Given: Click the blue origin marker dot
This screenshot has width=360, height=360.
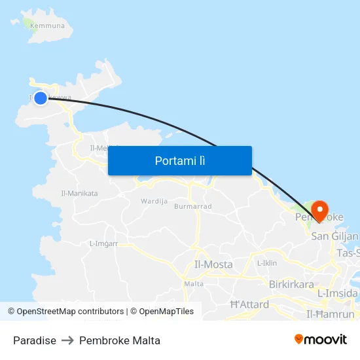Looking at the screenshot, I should click(x=41, y=98).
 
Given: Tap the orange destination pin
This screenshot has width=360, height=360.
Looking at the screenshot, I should click(x=320, y=209).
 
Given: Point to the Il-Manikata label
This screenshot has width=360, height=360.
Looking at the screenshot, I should click(x=79, y=194).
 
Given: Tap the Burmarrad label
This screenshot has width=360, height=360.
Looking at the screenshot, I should click(x=193, y=206).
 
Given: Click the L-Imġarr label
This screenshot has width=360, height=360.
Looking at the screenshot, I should click(x=103, y=244).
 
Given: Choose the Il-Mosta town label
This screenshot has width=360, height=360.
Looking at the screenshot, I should click(x=213, y=264).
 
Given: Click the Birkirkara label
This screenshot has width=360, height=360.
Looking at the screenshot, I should click(x=291, y=285).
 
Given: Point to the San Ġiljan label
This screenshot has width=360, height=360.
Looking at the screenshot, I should click(x=335, y=236).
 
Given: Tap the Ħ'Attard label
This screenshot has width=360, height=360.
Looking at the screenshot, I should click(x=250, y=304).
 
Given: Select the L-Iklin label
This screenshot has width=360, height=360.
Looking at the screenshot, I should click(x=267, y=263).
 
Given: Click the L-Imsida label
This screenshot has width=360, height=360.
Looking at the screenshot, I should click(x=338, y=294).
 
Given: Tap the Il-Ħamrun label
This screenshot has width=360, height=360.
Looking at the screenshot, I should click(x=331, y=315).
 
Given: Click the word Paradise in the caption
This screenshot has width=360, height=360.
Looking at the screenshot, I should click(x=35, y=340).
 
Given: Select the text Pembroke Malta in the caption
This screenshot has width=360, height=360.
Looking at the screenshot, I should click(x=120, y=340).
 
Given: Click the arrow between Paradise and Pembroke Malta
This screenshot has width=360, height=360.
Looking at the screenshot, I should click(x=68, y=340).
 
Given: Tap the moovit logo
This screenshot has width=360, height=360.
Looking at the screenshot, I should click(x=321, y=339).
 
